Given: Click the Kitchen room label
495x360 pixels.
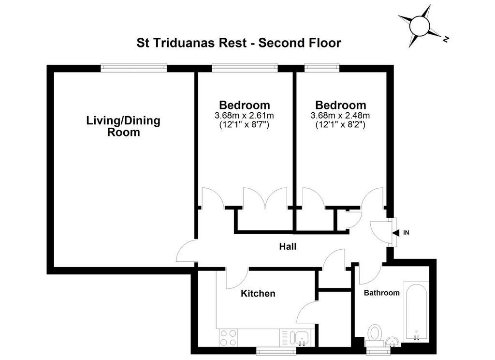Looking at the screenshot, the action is coord(258,293).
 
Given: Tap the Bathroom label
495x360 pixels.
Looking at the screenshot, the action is coord(382,293).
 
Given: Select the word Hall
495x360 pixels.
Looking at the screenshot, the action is coord(288,246).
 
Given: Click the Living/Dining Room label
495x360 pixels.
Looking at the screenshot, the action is coord(123,126).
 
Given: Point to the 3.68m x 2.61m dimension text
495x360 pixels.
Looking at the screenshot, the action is coord(244,115).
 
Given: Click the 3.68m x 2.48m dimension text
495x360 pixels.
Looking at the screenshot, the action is coord(340,115).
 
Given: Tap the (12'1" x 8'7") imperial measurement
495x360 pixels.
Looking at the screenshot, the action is coord(244,124).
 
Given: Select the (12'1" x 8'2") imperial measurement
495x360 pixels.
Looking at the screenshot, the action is coord(340,124).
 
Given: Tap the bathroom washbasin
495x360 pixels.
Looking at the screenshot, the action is coord(393,342).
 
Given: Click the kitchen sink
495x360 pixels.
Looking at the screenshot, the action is coord(297,338).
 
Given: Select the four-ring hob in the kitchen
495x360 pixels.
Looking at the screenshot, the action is coord(229,338).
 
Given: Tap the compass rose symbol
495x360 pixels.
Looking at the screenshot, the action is coord(420,26).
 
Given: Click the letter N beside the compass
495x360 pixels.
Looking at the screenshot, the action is coord(446,39).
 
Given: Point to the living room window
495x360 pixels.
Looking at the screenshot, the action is coord(134,68).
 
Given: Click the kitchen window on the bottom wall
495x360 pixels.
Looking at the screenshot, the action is coord(276,351).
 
